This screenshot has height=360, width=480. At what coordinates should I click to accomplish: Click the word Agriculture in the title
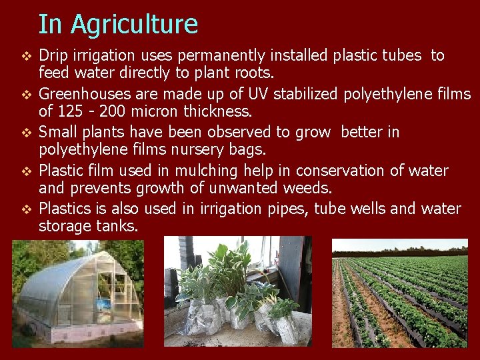click(135, 25)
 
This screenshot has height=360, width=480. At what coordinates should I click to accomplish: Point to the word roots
click(243, 72)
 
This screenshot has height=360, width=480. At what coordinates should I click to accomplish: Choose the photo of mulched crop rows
click(400, 293)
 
